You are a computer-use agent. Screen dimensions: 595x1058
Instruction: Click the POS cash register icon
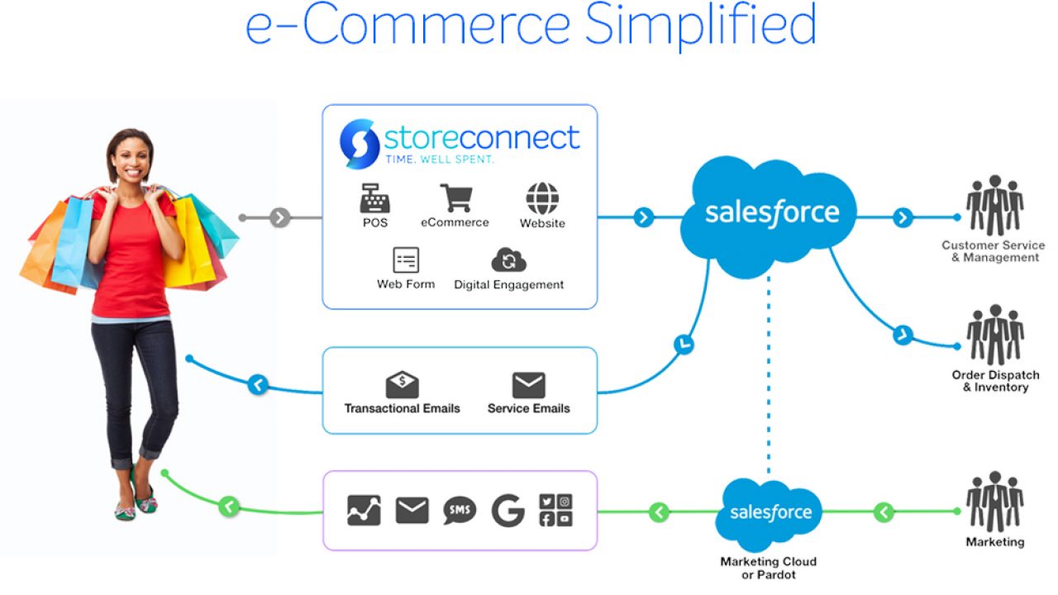point(374,198)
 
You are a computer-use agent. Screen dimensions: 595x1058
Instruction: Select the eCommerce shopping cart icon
point(455,198)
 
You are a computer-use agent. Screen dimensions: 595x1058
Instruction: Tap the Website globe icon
point(542,198)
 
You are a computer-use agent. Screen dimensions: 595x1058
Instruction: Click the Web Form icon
point(406,259)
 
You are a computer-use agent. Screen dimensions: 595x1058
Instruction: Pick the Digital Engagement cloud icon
point(508,259)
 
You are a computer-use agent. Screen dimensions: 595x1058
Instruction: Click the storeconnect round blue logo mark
point(360,143)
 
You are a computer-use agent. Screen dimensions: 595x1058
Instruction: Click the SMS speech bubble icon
point(460,511)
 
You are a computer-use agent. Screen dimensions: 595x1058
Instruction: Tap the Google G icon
point(508,511)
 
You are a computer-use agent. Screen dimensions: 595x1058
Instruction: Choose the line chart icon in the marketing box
point(365,511)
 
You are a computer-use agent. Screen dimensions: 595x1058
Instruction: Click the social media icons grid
point(555,511)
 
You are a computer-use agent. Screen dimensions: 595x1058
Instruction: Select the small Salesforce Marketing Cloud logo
point(770,512)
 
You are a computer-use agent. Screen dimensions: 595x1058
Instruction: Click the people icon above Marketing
point(994,502)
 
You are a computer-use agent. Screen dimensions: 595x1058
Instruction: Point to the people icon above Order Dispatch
point(994,335)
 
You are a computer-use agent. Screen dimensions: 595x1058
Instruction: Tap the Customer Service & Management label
point(993,251)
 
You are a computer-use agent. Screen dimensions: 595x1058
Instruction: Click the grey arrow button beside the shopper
point(280,218)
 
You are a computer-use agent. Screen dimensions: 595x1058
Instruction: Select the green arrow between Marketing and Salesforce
point(884,512)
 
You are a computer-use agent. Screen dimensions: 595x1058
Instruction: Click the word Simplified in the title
point(701,26)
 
